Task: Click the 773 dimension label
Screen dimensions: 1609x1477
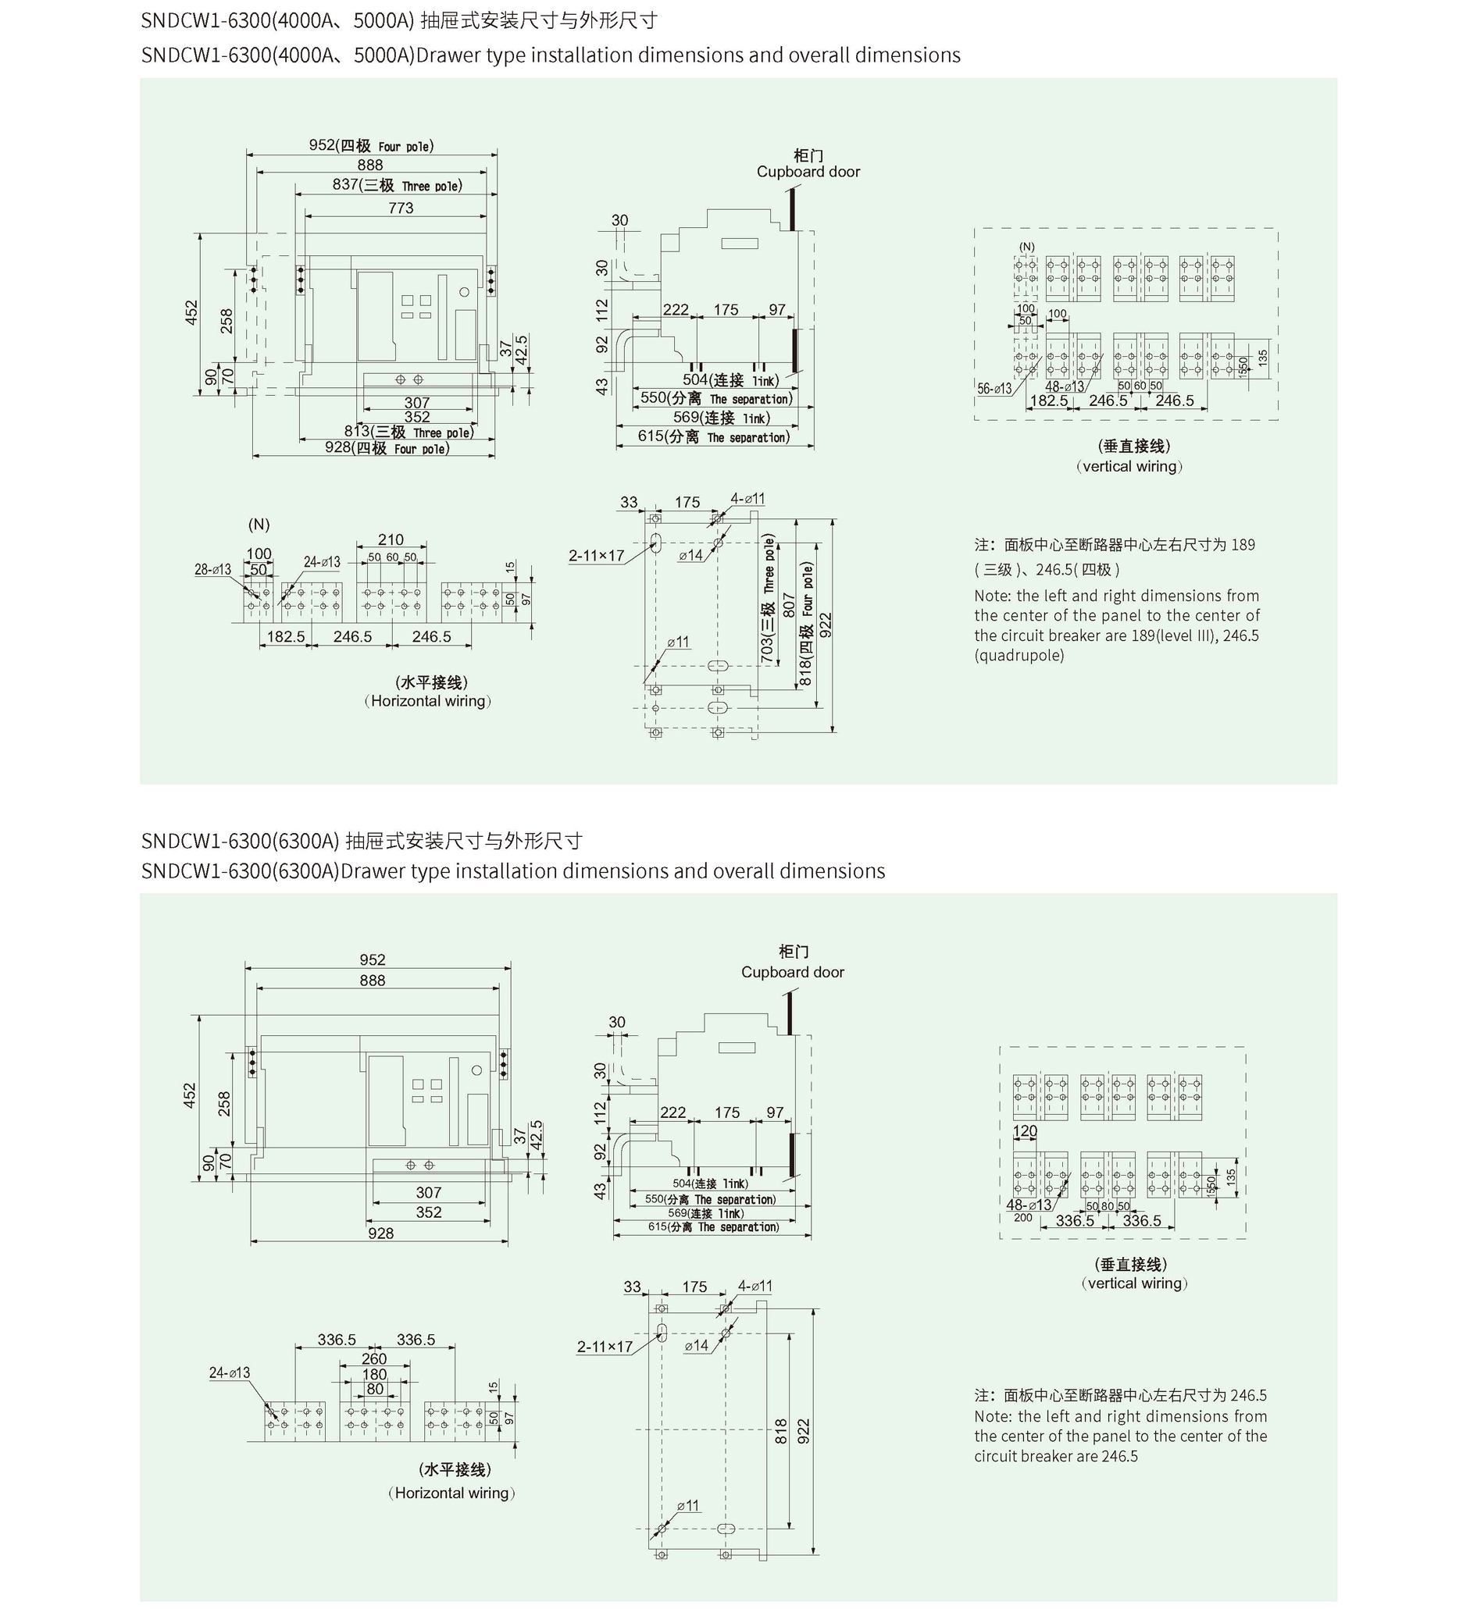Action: click(x=401, y=208)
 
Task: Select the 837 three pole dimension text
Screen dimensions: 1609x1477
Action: click(x=397, y=185)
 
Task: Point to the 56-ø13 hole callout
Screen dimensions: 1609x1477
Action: click(x=994, y=388)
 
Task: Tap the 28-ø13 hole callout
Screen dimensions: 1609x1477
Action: click(x=212, y=569)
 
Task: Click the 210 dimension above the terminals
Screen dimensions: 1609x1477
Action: click(x=391, y=539)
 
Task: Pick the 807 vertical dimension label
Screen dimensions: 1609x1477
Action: click(x=789, y=604)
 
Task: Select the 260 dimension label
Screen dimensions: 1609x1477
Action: click(x=374, y=1358)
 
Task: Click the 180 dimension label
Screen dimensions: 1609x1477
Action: click(x=374, y=1374)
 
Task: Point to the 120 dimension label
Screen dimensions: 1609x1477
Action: click(x=1025, y=1130)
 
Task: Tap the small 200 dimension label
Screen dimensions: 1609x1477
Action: click(x=1023, y=1218)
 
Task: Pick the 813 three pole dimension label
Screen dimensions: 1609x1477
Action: click(x=408, y=433)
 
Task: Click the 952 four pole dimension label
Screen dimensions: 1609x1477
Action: click(x=371, y=145)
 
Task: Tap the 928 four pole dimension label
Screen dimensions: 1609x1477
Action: click(x=387, y=448)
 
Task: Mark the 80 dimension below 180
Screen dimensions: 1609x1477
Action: click(x=375, y=1389)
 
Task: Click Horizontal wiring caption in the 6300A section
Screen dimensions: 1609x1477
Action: click(x=452, y=1493)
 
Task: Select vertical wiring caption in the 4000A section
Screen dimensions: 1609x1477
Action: click(x=1129, y=466)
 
